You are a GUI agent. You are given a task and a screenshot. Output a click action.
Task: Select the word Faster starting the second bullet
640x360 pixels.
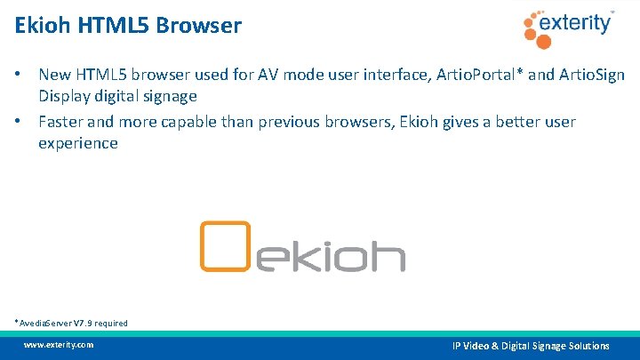tap(62, 122)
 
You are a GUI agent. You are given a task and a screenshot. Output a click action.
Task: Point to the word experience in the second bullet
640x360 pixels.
tap(77, 143)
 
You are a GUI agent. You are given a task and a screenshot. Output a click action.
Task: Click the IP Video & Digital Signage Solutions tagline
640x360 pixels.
tap(531, 345)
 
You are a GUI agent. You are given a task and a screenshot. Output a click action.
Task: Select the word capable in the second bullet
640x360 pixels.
tap(200, 122)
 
